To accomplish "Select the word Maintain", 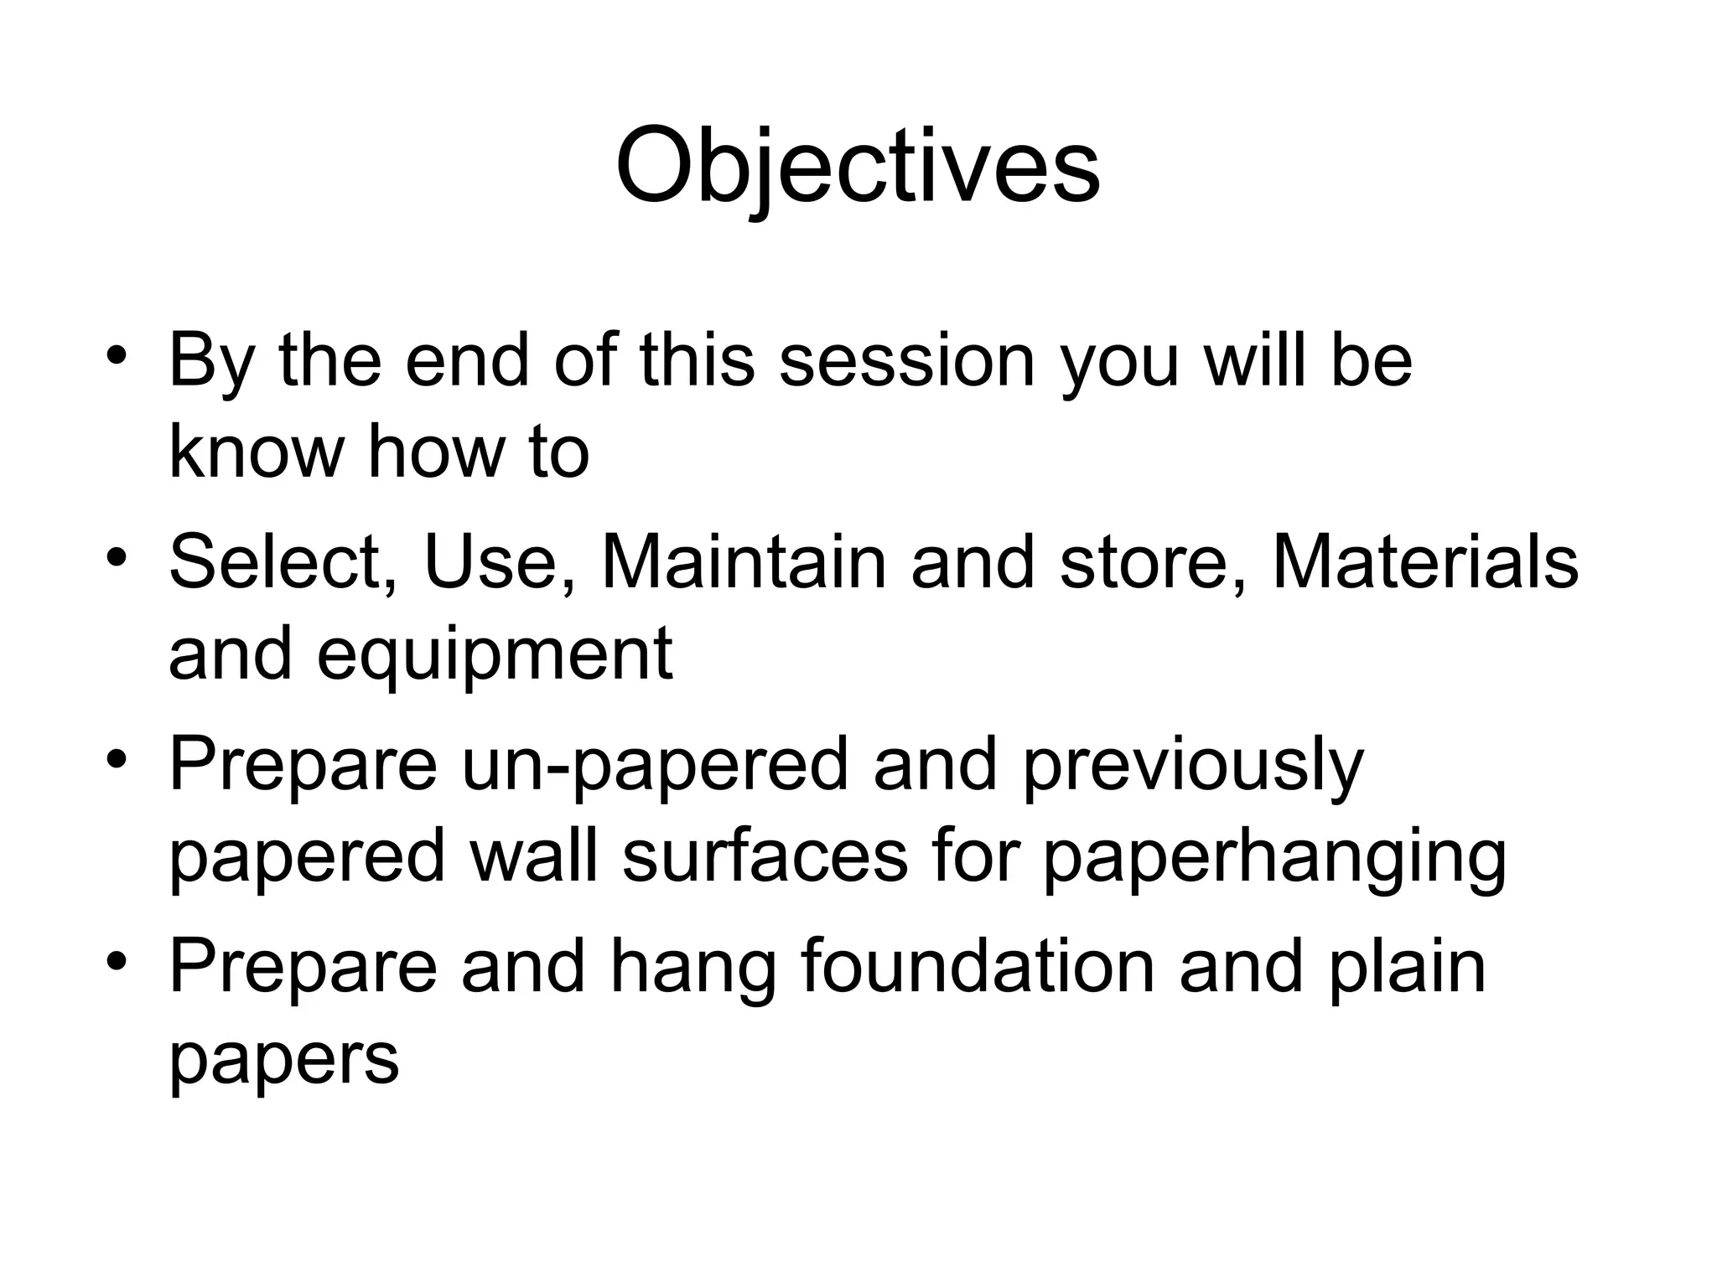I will pyautogui.click(x=744, y=563).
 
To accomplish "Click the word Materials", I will pyautogui.click(x=1425, y=563).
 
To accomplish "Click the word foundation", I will pyautogui.click(x=978, y=967).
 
